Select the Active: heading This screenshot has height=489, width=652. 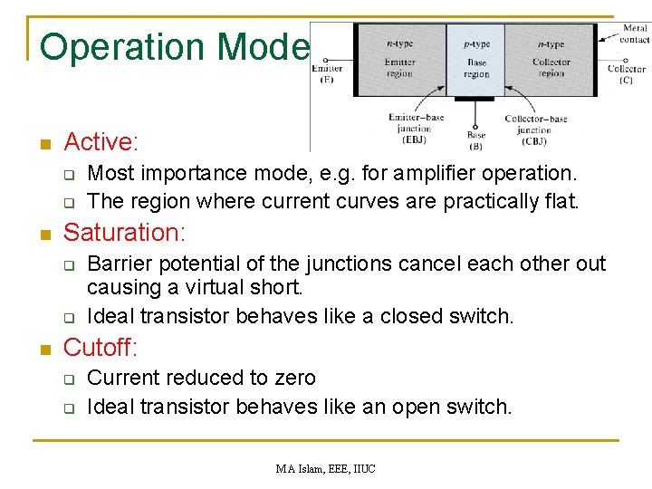[101, 142]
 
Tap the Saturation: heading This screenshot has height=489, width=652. [124, 233]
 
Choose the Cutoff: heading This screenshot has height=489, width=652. [101, 347]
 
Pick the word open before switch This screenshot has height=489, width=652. [416, 407]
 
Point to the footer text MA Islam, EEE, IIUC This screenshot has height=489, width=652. [326, 468]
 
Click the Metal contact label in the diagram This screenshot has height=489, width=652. [634, 34]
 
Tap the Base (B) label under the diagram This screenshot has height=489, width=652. [475, 140]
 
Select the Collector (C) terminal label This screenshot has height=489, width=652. [627, 73]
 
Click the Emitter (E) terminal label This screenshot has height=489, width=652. [328, 73]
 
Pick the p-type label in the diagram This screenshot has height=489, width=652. [476, 43]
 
